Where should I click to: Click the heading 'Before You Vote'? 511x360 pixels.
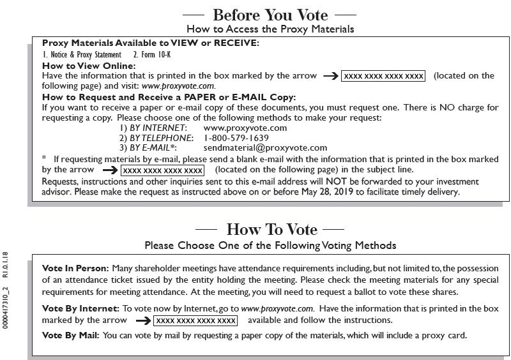(270, 15)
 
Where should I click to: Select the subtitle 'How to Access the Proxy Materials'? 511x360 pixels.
(270, 29)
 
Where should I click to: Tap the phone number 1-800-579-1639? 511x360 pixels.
(236, 138)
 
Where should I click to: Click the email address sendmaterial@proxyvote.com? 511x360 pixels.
(265, 147)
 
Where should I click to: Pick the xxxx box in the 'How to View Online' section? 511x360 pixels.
(383, 76)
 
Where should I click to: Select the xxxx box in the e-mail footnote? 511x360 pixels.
(163, 170)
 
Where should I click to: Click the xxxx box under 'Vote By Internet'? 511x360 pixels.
(195, 320)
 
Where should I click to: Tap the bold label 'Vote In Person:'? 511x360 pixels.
(75, 269)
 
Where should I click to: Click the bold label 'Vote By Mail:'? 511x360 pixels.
(70, 335)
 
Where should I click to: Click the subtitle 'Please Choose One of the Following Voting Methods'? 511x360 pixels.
(270, 245)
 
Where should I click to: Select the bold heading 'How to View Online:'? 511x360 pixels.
(89, 66)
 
